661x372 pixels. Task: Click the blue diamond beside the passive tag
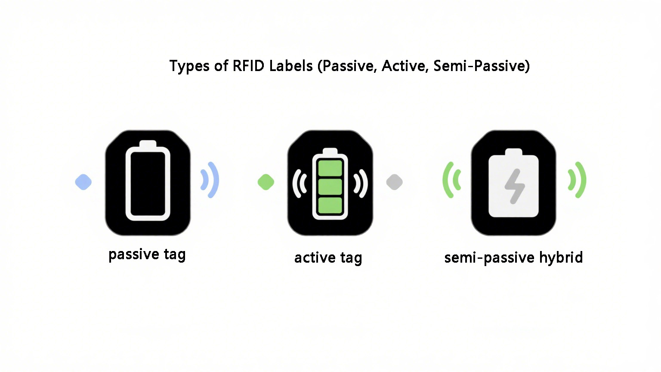[x=83, y=182]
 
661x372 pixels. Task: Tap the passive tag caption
[x=147, y=254]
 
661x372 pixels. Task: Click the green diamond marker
[x=266, y=182]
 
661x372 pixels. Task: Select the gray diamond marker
[x=394, y=182]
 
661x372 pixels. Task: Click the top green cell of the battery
[x=330, y=167]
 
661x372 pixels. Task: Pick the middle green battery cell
[x=330, y=186]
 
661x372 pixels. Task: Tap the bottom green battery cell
[x=330, y=205]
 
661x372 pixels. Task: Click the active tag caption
[x=328, y=257]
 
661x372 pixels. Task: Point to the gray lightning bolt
[x=514, y=186]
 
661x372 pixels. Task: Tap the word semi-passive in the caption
[x=489, y=257]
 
